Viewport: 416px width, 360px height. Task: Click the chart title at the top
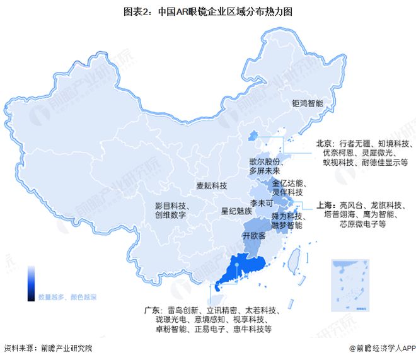pyautogui.click(x=207, y=11)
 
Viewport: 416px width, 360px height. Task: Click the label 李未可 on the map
pyautogui.click(x=262, y=204)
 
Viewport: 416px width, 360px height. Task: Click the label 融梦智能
pyautogui.click(x=287, y=225)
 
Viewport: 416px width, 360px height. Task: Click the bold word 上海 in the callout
pyautogui.click(x=325, y=205)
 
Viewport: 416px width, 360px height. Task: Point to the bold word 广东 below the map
pyautogui.click(x=151, y=310)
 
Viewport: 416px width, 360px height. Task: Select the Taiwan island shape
pyautogui.click(x=293, y=261)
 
